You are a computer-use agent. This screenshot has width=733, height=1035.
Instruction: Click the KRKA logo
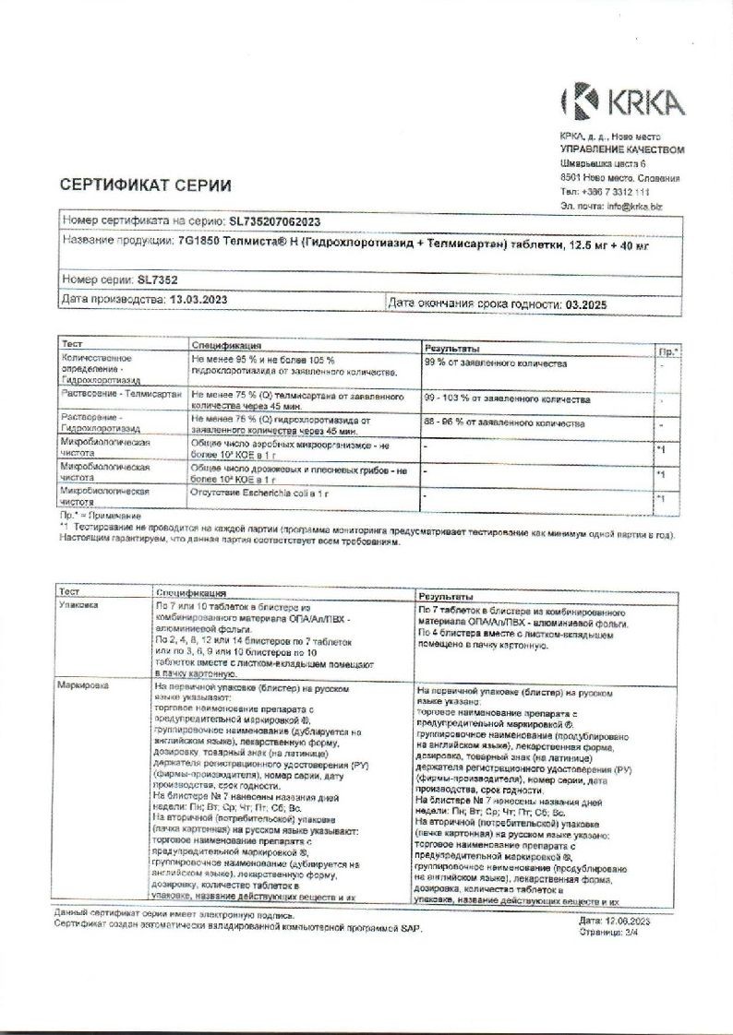[x=622, y=101]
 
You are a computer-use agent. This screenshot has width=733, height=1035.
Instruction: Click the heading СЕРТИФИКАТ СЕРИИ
[x=146, y=185]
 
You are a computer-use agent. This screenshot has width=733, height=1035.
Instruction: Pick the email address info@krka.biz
[x=634, y=207]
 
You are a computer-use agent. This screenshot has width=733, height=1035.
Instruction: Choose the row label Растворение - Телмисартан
[x=121, y=394]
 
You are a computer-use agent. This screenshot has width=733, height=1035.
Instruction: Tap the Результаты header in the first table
[x=451, y=349]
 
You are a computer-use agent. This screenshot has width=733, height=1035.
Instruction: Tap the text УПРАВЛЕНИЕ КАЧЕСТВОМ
[x=622, y=149]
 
